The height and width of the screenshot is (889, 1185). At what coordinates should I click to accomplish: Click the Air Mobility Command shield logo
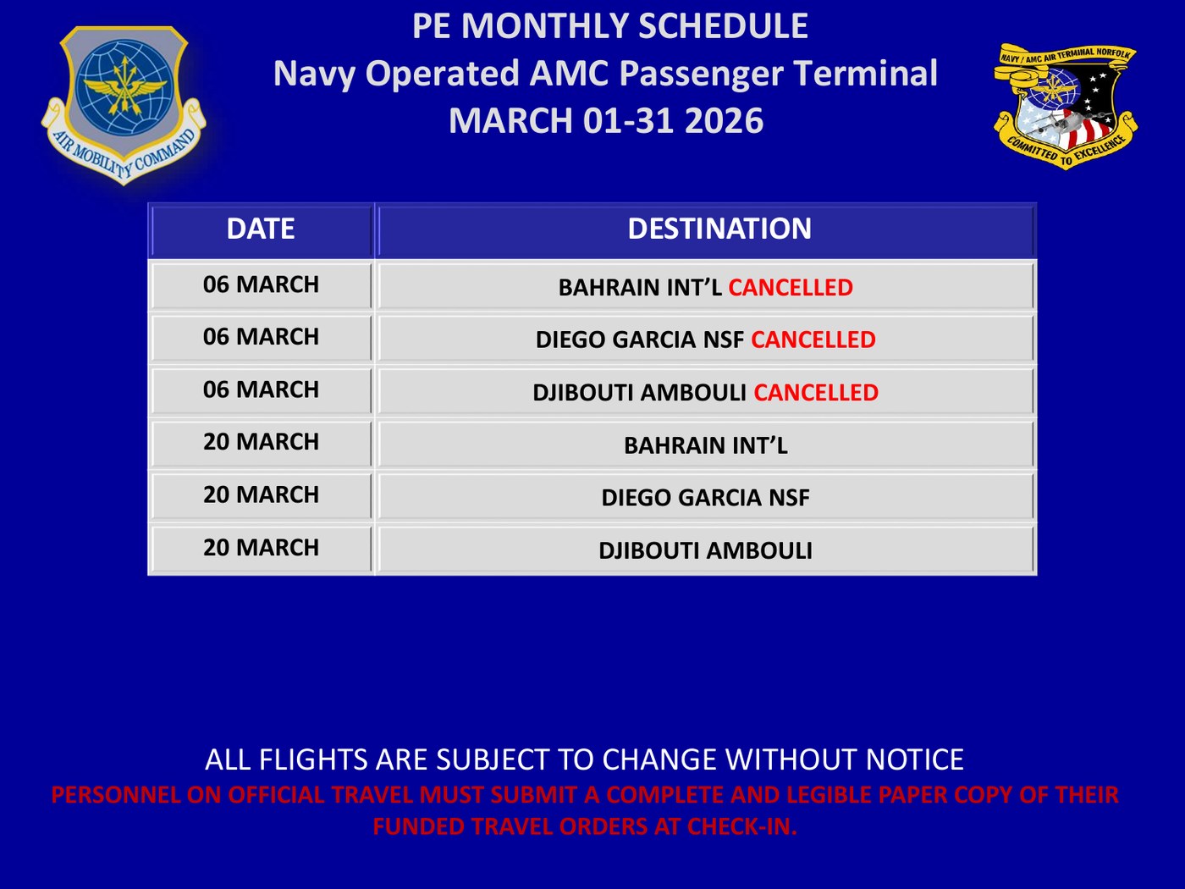124,105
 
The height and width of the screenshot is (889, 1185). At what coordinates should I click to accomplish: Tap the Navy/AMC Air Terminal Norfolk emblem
1066,107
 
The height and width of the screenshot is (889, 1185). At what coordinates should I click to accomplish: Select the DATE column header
261,229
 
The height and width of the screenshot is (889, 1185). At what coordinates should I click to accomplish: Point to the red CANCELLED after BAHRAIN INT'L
791,288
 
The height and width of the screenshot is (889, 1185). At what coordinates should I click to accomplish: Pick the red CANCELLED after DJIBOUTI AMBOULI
816,393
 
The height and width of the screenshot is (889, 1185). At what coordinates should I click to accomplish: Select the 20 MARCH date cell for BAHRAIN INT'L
261,442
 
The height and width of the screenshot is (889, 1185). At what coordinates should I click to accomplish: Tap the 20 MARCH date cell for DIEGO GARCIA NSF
261,495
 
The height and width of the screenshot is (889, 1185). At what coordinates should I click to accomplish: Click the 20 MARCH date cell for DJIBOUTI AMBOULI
261,548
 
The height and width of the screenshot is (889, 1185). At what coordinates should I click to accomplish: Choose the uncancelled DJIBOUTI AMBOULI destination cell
706,550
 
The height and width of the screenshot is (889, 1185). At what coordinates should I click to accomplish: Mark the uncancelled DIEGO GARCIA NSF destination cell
706,497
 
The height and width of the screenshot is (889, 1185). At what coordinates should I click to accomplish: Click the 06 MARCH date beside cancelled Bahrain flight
261,285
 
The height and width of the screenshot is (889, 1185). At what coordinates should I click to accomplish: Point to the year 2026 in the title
724,120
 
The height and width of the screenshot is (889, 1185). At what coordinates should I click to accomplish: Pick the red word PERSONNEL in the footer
115,795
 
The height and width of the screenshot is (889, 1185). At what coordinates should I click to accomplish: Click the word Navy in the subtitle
314,75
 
